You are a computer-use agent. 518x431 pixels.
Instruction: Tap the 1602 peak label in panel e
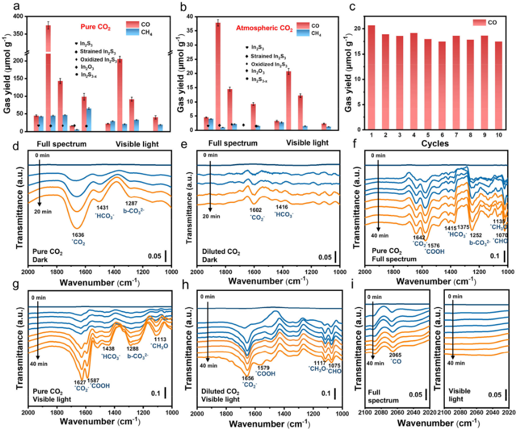point(254,210)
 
